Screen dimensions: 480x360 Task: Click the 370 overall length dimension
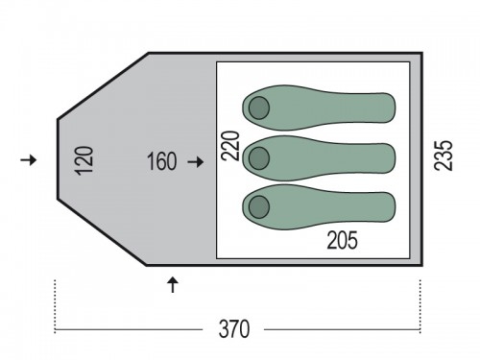tap(234, 329)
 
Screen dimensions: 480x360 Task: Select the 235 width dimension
tap(444, 156)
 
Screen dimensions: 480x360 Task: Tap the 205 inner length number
tap(342, 240)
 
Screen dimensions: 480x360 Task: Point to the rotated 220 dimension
tap(230, 146)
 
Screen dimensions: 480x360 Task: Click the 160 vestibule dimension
tap(161, 161)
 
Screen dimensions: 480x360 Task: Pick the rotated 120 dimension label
tap(84, 160)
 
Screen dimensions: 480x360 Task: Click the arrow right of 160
tap(196, 162)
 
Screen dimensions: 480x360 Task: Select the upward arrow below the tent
tap(173, 284)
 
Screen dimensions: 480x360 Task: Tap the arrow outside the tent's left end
tap(29, 159)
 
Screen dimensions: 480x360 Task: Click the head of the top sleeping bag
tap(259, 108)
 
